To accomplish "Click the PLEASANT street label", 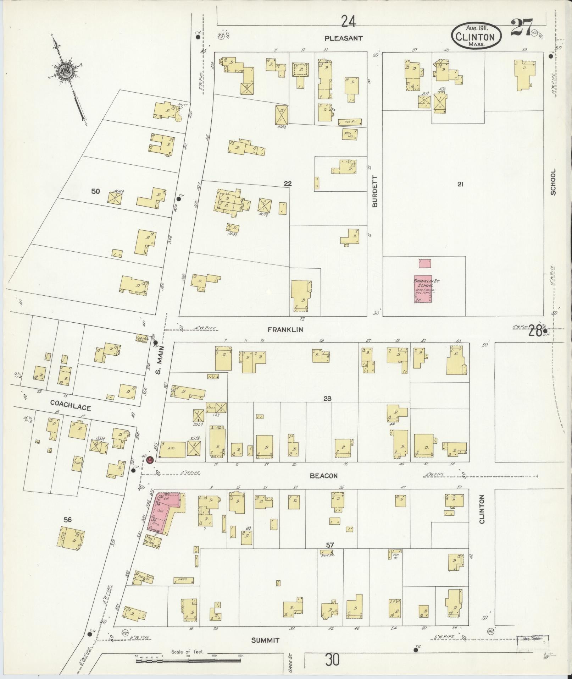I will point(344,38).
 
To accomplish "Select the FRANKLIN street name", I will point(285,329).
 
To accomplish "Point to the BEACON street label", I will point(323,476).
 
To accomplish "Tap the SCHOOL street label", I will point(553,182).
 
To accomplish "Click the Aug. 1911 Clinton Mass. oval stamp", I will point(477,37).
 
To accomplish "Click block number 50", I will point(95,192).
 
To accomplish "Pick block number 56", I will point(68,520).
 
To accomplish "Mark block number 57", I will point(330,545).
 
